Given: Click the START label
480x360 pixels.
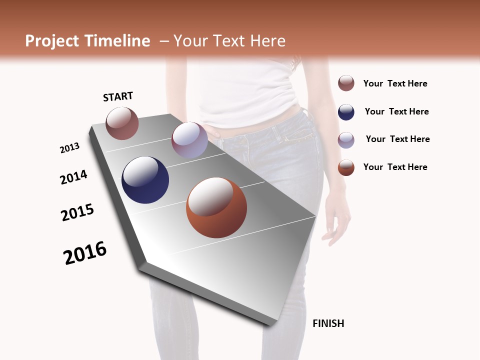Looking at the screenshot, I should (118, 96).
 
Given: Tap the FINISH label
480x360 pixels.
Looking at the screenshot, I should (328, 323).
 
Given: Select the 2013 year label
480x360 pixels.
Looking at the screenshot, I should (69, 148).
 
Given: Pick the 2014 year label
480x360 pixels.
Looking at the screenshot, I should (73, 177).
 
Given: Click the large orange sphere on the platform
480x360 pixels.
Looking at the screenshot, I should (216, 207).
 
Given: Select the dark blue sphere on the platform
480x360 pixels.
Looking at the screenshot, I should (145, 180).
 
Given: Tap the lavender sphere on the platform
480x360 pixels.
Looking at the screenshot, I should (189, 140).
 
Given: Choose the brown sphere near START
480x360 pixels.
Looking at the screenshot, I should (122, 123).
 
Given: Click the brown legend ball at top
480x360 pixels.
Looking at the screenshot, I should (346, 83).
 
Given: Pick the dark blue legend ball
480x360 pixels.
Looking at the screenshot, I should (346, 112).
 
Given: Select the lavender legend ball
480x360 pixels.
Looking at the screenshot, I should (346, 140).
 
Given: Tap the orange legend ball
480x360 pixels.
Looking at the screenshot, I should (346, 167).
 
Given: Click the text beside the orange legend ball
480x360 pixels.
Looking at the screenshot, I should (395, 167).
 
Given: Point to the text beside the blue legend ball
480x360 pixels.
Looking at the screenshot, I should (396, 111).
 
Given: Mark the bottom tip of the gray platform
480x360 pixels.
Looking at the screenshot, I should (270, 325).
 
